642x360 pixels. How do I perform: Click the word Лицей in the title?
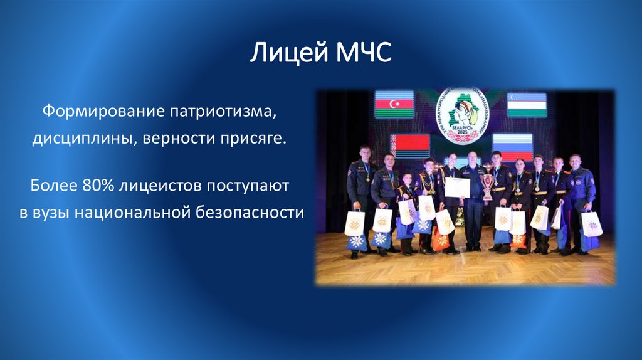[x=288, y=53]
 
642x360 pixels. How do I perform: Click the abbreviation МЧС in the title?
[x=363, y=53]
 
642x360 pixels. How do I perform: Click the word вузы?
[x=51, y=212]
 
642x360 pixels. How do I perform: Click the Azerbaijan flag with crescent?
[x=394, y=104]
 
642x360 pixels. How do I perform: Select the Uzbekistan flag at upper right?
[x=527, y=104]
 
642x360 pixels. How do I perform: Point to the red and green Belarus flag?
[x=410, y=145]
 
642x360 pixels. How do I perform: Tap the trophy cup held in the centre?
[x=487, y=186]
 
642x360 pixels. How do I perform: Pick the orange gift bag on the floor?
[x=441, y=240]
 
